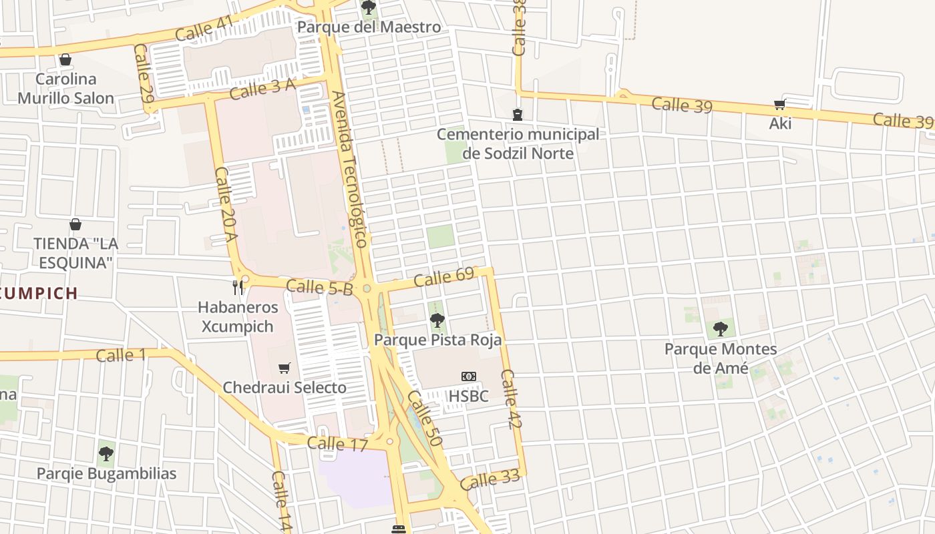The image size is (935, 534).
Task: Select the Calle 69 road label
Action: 443,276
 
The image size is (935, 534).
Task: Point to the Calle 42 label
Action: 510,398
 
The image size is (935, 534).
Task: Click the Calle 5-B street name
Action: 319,288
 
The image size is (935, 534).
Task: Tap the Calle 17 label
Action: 337,444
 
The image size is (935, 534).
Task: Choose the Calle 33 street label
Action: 490,479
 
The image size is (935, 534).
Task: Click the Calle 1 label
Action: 120,355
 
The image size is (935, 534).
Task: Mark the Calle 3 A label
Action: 262,88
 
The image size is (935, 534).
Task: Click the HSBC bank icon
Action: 469,377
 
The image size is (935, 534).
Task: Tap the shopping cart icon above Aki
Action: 779,104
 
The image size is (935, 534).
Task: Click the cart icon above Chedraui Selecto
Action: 285,368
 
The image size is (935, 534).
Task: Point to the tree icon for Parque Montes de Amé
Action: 720,328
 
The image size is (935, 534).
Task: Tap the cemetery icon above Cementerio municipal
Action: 518,115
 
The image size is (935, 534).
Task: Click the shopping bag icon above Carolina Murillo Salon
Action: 65,59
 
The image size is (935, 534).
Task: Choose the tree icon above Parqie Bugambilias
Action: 106,454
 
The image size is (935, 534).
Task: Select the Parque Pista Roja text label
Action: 437,340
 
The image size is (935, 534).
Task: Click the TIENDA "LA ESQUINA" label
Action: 75,253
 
